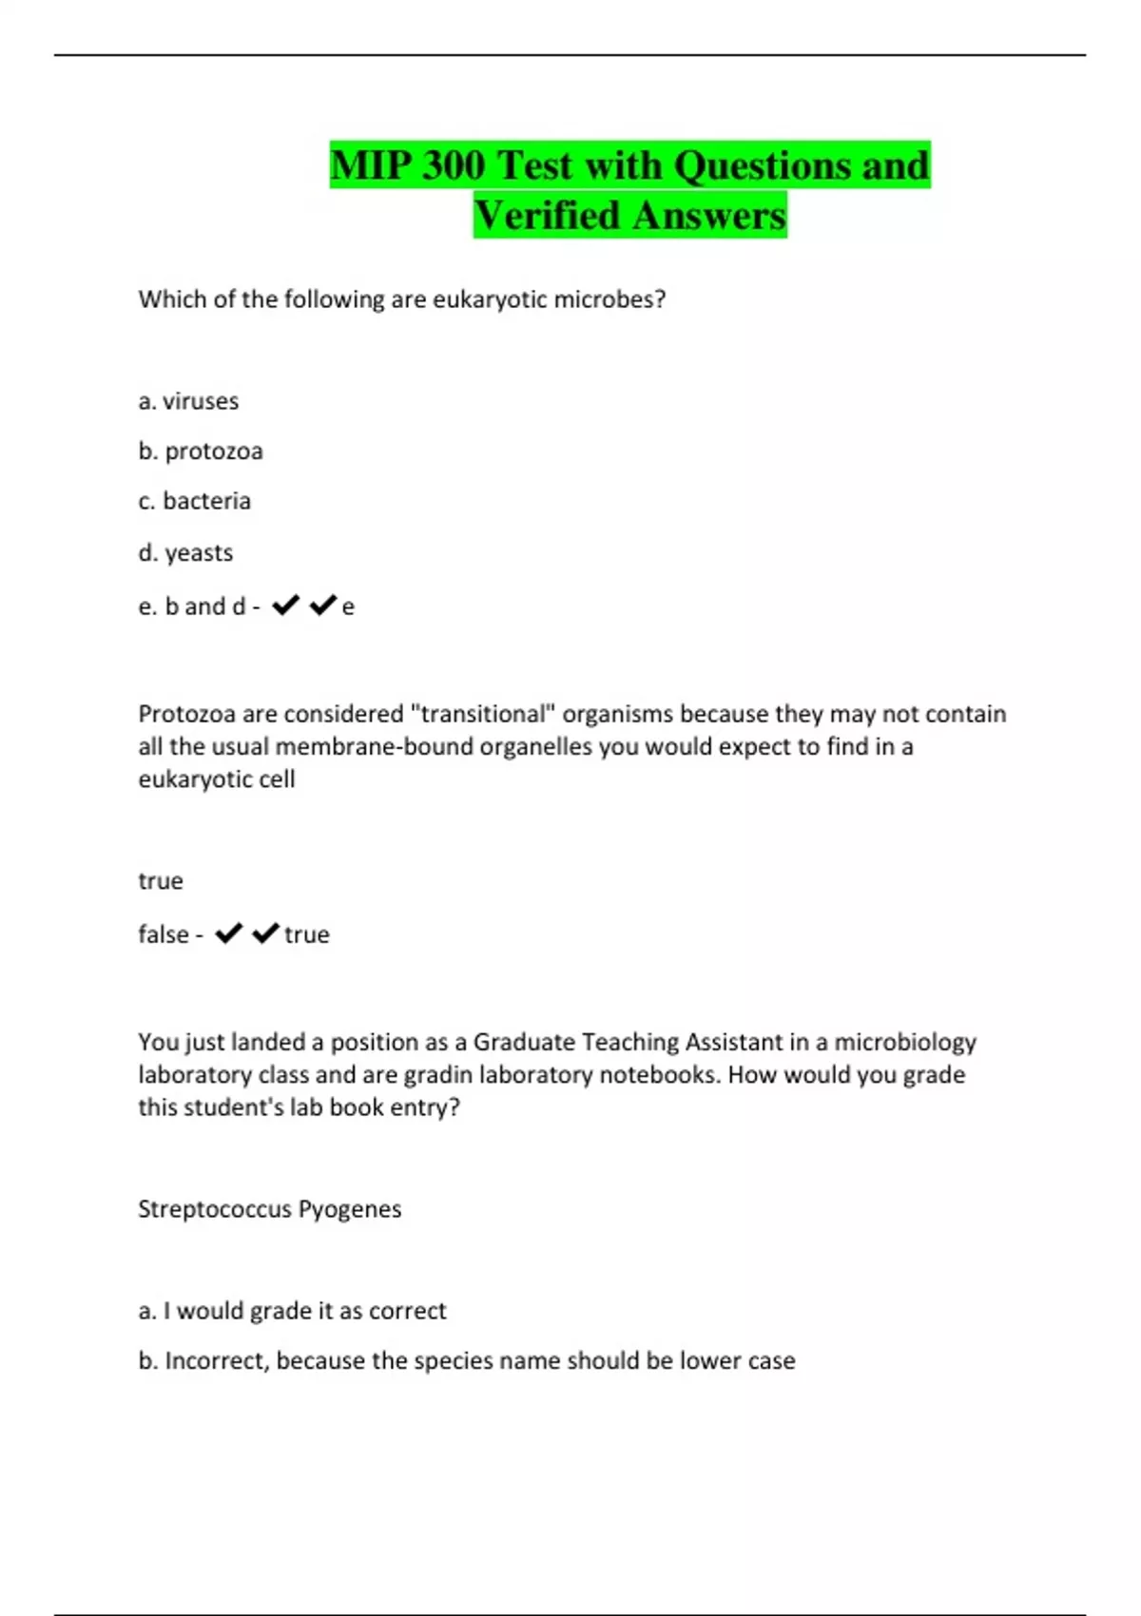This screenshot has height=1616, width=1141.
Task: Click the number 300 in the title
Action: (452, 165)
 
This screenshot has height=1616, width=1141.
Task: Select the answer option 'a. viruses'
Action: (188, 401)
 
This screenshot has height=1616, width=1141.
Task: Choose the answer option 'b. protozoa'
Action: (201, 451)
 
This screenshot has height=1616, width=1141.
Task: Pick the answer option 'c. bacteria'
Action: (195, 501)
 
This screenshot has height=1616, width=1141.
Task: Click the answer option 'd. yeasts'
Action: (185, 552)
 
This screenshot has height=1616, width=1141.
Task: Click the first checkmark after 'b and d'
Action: (285, 606)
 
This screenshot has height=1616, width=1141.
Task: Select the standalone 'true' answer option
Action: (161, 881)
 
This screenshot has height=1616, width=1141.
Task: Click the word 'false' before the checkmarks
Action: (164, 934)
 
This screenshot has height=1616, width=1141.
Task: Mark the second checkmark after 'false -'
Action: (265, 933)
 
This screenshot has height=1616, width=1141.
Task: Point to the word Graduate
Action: (524, 1042)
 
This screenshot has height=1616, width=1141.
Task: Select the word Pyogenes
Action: (350, 1210)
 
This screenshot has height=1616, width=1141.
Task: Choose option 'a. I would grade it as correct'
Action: (292, 1311)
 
